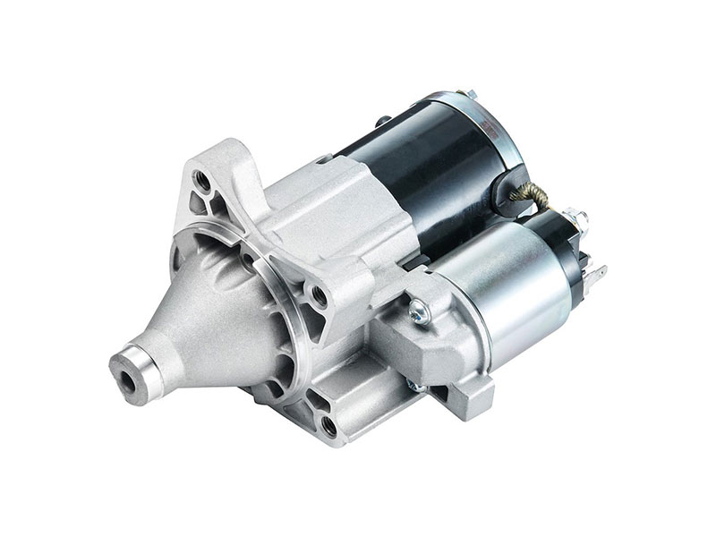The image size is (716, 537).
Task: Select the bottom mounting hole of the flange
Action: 328,426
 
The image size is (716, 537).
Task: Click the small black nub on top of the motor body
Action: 383,120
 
